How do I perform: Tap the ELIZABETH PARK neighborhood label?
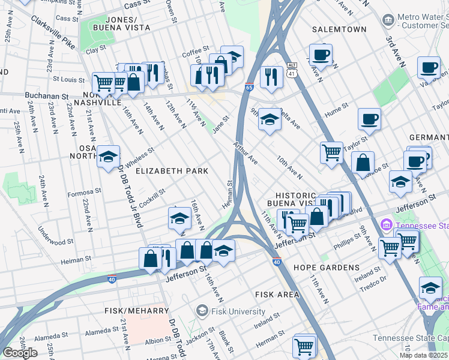(172, 171)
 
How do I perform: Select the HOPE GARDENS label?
(327, 268)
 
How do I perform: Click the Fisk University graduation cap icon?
(202, 311)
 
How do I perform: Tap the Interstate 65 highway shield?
(249, 88)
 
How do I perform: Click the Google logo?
(20, 352)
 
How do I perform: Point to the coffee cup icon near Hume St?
(369, 119)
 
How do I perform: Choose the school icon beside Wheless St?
(109, 157)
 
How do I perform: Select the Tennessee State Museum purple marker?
(385, 226)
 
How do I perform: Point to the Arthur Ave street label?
(246, 154)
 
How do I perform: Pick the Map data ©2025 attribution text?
(424, 355)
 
